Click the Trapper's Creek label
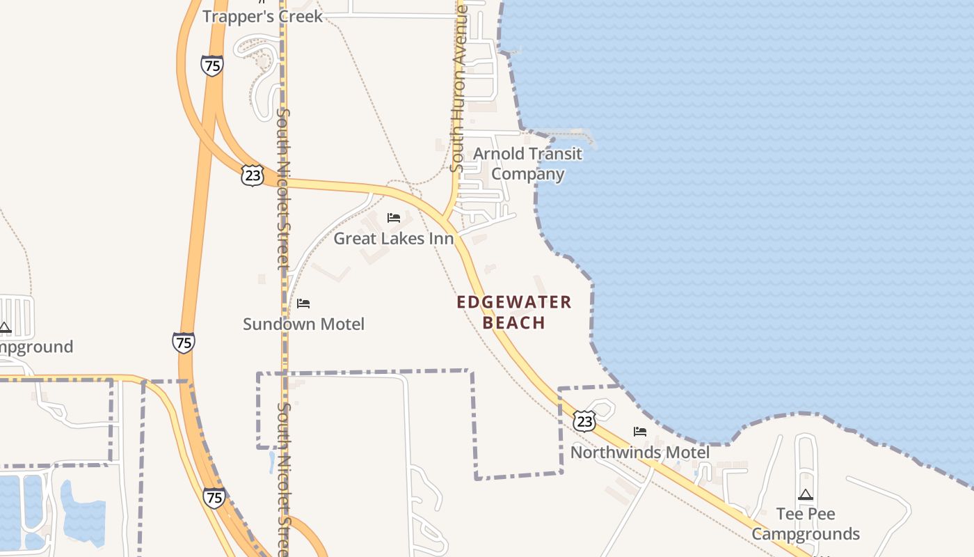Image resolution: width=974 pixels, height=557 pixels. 263,16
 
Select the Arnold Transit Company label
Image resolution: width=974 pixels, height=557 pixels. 527,164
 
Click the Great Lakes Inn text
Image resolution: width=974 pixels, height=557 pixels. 394,239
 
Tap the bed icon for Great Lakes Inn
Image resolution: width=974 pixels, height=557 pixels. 394,218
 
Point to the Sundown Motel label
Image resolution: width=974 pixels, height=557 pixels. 303,324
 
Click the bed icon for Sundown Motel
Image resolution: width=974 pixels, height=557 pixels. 303,304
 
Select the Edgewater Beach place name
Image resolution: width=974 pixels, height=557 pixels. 514,312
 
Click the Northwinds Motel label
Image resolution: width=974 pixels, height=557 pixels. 640,453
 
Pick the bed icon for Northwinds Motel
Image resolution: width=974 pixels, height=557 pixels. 640,432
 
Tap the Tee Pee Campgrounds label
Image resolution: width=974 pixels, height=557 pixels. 806,524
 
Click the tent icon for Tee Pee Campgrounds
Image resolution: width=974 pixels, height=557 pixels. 806,495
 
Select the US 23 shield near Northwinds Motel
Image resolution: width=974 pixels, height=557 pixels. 584,421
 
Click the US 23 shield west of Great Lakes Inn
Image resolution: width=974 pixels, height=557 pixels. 253,175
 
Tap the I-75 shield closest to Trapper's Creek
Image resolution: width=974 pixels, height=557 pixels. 212,65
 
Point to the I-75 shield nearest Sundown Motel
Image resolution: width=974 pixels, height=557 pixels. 184,343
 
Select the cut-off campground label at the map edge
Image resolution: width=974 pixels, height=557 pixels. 35,347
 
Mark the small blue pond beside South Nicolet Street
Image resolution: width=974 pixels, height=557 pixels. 271,462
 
